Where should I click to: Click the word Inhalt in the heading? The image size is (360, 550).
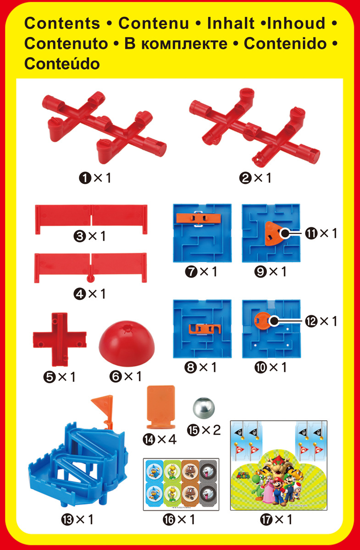click(x=231, y=23)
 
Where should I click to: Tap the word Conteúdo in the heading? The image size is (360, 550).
click(x=62, y=64)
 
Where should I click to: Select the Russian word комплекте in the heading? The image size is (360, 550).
click(x=184, y=44)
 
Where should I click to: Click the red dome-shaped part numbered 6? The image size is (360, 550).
click(x=127, y=343)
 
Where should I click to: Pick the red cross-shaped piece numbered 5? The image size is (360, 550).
click(x=60, y=340)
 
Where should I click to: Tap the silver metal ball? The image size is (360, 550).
click(x=204, y=408)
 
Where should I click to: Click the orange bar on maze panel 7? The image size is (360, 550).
click(x=199, y=218)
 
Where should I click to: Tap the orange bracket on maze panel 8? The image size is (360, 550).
click(x=205, y=329)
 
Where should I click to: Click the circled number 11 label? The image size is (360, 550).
click(x=311, y=233)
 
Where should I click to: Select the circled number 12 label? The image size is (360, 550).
click(x=311, y=321)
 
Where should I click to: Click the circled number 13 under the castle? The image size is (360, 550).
click(x=67, y=519)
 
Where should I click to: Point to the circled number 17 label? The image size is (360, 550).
click(x=266, y=519)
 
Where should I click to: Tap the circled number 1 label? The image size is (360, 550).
click(x=85, y=178)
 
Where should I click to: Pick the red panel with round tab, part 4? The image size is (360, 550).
click(x=90, y=268)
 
